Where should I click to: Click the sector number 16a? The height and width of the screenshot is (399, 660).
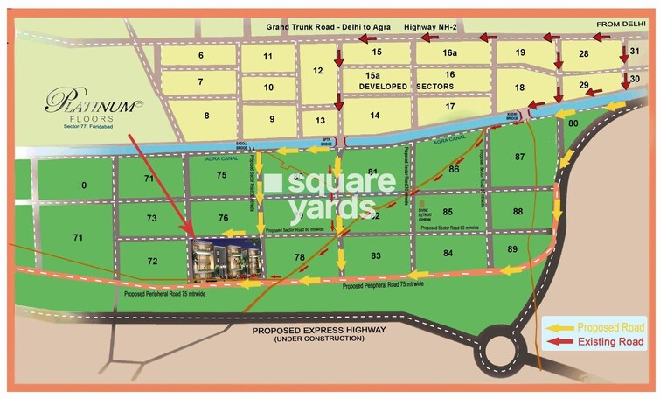pos(449,53)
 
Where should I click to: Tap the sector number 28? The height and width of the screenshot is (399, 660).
pos(582,54)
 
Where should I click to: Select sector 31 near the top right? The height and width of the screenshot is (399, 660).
pos(636,52)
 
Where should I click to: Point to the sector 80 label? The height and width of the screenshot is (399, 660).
pos(573,125)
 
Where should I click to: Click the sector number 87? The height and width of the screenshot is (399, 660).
pos(520,157)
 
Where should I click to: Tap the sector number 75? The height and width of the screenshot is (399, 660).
pos(222,175)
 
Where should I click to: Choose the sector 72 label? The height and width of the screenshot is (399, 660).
pos(152,262)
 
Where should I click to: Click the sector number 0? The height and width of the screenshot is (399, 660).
pos(84,185)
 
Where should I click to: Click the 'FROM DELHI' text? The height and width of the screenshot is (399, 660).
pos(620,24)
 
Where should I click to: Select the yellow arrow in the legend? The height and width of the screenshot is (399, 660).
pos(560,326)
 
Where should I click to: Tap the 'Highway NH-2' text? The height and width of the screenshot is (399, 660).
pos(434,28)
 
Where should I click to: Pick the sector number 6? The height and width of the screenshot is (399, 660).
pos(201,56)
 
